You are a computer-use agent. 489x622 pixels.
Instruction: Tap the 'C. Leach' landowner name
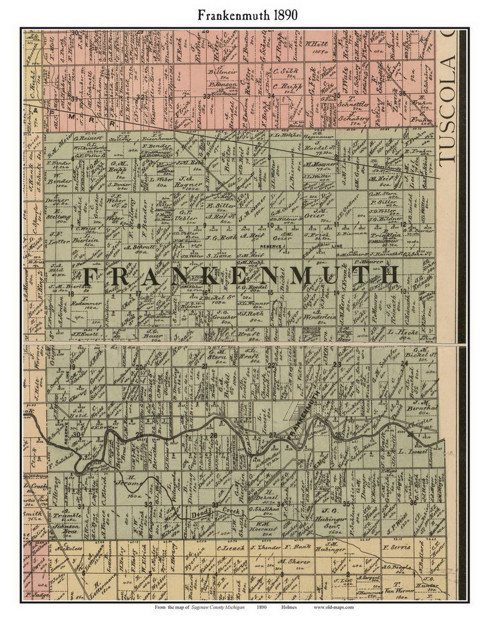227,548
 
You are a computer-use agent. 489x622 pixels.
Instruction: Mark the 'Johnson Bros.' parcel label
67,526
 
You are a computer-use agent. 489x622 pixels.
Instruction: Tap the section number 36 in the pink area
402,92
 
